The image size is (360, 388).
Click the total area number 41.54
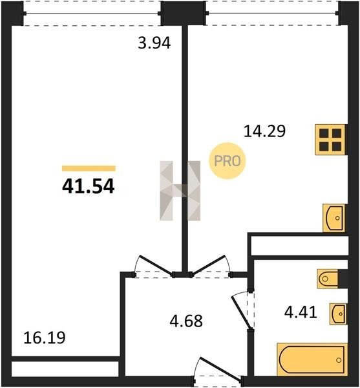pos(89,186)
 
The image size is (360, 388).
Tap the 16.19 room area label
pos(45,338)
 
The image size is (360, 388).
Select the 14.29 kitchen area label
pos(264,131)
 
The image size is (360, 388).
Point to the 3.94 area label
pos(154,43)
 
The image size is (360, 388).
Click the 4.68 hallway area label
pos(186,321)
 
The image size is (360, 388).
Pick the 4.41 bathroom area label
pos(301,312)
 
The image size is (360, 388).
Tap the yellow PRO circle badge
pos(228,161)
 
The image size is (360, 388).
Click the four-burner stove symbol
pos(330,140)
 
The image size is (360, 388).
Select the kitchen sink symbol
pos(334,218)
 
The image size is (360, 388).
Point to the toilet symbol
pos(328,279)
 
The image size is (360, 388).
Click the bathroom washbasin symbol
pos(338,314)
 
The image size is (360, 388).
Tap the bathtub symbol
pos(312,360)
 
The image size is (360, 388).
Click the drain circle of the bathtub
pos(339,360)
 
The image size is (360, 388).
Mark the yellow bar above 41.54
pos(89,168)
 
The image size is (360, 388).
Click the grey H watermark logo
pos(180,191)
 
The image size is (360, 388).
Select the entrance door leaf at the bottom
pos(220,368)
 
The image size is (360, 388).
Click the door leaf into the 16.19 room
pos(156,264)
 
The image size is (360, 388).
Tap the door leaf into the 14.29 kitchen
pos(208,264)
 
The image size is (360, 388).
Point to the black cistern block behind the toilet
pos(343,279)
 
